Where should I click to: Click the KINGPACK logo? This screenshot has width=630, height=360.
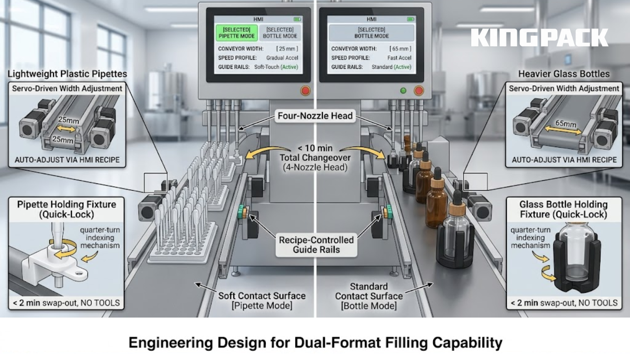(539, 38)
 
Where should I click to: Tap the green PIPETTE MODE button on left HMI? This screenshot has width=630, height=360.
(237, 33)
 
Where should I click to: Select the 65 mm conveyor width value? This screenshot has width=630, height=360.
(400, 48)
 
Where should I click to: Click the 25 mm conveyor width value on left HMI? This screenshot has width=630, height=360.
(287, 48)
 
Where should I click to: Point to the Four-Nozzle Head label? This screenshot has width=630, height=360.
(315, 116)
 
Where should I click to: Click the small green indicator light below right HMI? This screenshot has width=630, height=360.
(403, 91)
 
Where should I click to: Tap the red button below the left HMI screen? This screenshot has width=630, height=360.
(305, 91)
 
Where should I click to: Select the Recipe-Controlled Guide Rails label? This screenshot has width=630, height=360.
(316, 245)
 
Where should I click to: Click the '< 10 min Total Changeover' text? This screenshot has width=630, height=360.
(315, 153)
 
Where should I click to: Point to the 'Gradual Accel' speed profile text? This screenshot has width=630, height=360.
(282, 58)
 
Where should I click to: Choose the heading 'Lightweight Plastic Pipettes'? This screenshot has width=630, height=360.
(67, 74)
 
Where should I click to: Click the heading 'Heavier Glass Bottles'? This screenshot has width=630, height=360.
(563, 74)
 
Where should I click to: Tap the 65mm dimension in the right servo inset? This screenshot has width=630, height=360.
(565, 124)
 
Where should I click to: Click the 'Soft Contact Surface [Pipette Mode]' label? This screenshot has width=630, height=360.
(262, 301)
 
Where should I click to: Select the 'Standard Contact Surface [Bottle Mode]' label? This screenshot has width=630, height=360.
(369, 296)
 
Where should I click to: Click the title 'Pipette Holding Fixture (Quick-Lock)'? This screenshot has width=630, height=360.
(67, 209)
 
